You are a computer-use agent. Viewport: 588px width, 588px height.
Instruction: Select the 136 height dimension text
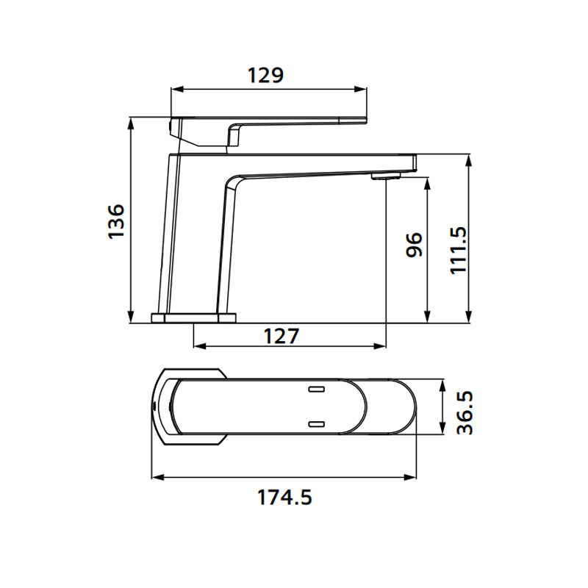[116, 220]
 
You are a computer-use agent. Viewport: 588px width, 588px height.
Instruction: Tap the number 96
[415, 245]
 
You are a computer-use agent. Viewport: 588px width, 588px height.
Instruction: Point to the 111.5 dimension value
[458, 250]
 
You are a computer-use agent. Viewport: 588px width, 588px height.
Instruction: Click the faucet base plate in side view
[194, 318]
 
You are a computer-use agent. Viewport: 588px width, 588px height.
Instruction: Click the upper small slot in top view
[317, 387]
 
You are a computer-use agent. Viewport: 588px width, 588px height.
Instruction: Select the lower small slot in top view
[317, 423]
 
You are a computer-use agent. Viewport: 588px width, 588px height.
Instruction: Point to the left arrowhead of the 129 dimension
[175, 90]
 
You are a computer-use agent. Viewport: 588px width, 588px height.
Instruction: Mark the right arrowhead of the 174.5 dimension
[414, 478]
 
